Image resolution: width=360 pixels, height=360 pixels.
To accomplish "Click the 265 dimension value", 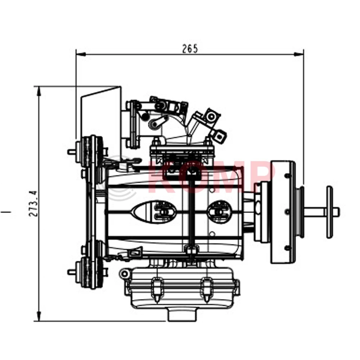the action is click(x=190, y=49).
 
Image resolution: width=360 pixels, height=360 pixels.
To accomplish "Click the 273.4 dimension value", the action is click(x=33, y=203).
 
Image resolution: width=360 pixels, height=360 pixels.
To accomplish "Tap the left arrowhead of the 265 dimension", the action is click(x=81, y=54).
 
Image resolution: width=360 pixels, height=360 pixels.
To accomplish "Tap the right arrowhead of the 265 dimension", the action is click(x=299, y=54).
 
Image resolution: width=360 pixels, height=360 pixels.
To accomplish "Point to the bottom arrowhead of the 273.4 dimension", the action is click(x=39, y=316).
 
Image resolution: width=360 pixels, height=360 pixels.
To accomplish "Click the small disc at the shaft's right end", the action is click(x=330, y=212).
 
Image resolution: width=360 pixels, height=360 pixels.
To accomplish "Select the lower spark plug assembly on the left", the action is click(x=87, y=272).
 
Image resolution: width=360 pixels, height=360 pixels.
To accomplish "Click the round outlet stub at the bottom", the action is click(x=183, y=315).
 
